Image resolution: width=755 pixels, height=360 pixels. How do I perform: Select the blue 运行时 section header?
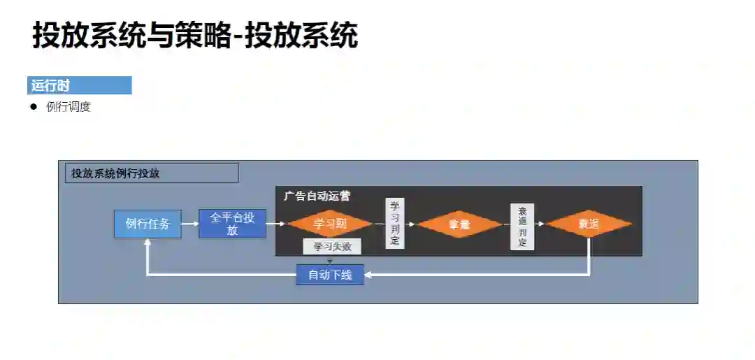click(79, 86)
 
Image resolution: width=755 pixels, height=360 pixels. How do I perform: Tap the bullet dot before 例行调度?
click(33, 107)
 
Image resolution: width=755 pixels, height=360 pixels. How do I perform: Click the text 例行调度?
click(69, 107)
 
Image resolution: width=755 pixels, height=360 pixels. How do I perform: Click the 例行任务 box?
click(148, 224)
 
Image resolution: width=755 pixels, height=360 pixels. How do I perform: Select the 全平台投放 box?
click(232, 224)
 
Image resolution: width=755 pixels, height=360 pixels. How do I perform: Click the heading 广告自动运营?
click(317, 196)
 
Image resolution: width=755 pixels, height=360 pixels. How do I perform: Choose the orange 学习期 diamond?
click(330, 224)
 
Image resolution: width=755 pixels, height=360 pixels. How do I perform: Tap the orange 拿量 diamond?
click(459, 224)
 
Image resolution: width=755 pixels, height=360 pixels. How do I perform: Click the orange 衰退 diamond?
click(589, 224)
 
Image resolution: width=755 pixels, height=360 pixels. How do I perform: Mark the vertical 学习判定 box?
click(394, 223)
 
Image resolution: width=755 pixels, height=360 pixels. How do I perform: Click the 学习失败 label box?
click(332, 246)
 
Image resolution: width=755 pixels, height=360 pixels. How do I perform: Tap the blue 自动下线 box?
click(330, 275)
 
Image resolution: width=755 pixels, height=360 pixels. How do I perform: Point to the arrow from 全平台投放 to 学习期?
click(277, 224)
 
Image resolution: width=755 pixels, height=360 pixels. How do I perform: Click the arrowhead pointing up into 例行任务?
click(148, 243)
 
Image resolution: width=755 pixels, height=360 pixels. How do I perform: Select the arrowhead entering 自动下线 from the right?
click(368, 275)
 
